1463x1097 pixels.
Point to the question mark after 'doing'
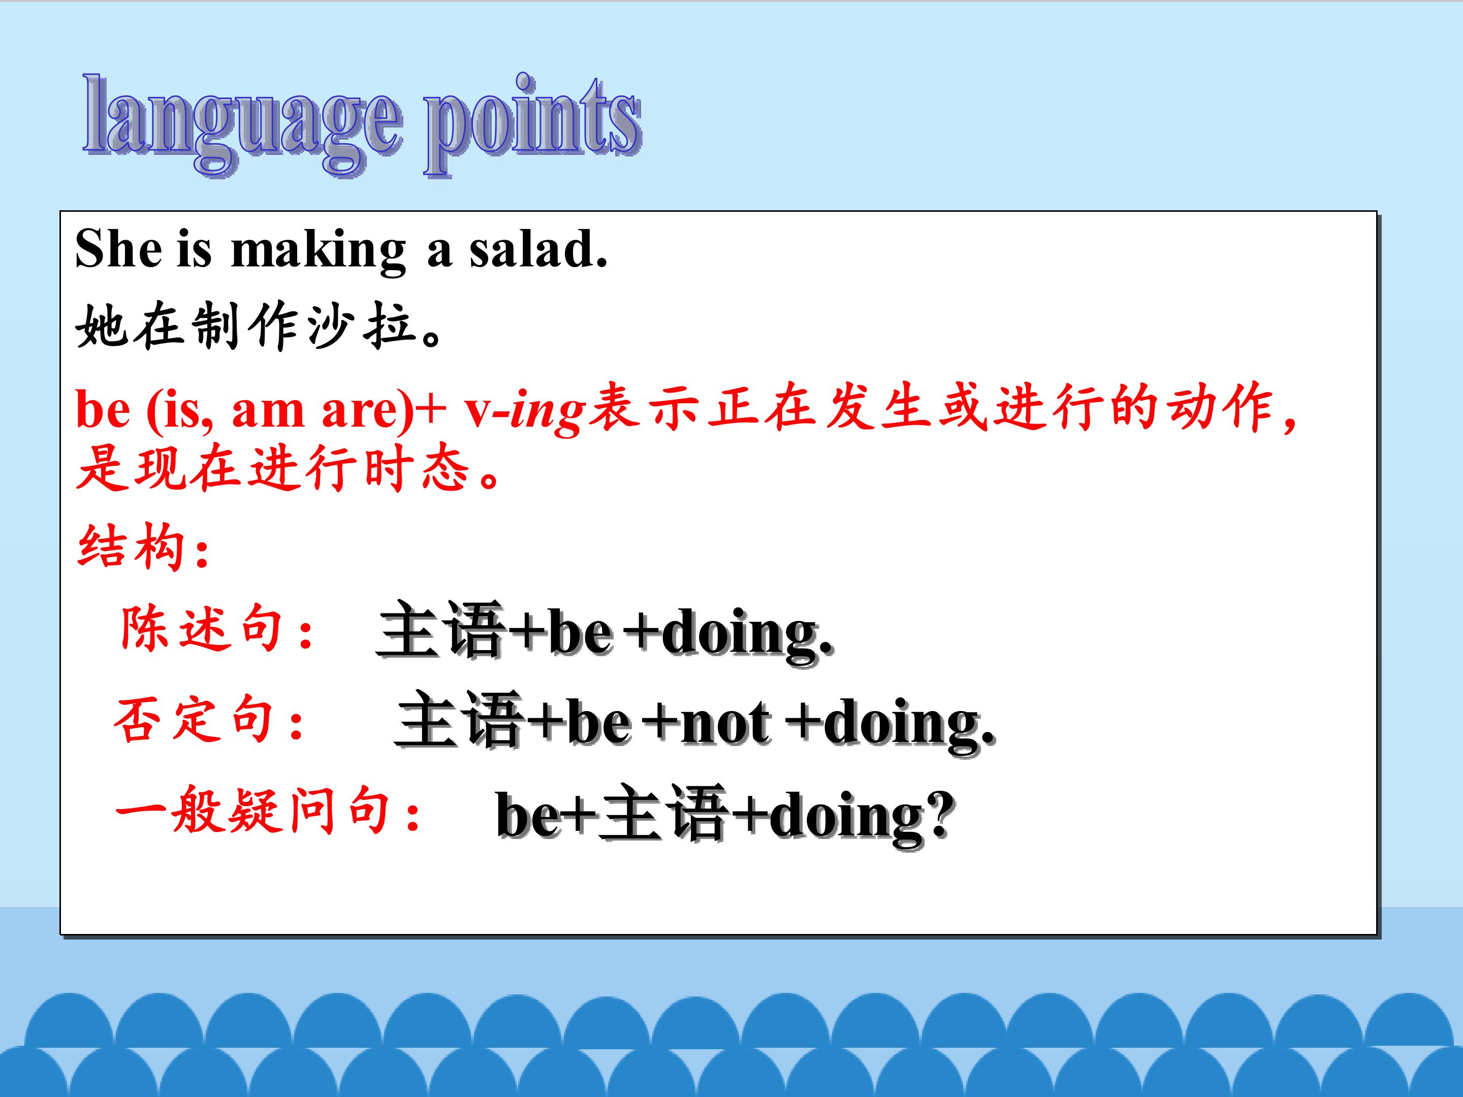point(939,813)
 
